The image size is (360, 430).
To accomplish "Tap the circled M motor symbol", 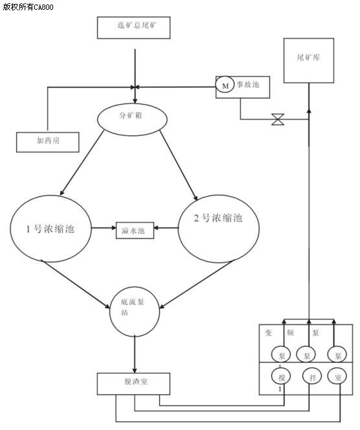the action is point(225,85).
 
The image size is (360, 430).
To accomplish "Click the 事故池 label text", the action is point(248,84).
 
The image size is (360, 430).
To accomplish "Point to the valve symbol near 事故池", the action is point(278,119).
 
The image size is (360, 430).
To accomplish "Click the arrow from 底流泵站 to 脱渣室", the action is point(135,354).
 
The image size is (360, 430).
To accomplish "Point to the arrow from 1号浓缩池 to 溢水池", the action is point(104,227).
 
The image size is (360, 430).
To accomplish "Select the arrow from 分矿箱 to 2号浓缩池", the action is point(179,165).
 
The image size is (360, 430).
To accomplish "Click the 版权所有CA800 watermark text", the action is point(28,6).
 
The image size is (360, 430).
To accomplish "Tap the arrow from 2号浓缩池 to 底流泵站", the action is point(197,284).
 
